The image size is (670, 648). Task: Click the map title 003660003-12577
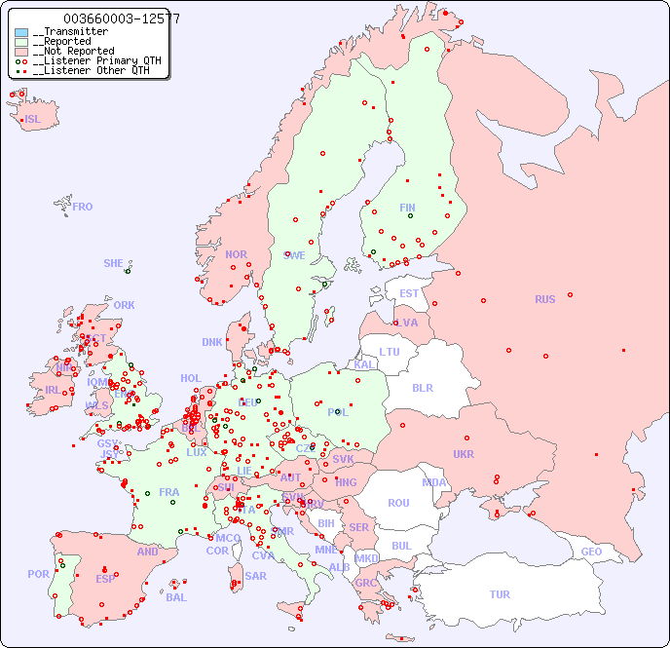121,19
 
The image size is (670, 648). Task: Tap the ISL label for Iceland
33,120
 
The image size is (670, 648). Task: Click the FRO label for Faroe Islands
83,207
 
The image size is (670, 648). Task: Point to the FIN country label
407,208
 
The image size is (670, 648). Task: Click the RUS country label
544,299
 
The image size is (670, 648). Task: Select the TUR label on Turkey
500,594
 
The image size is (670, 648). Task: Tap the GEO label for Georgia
591,552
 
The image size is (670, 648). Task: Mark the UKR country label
464,454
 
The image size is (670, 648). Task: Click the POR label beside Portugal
38,574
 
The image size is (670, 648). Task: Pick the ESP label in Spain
105,578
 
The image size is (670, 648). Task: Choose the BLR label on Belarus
422,387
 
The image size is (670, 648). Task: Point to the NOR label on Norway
236,254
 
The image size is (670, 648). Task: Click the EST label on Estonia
409,293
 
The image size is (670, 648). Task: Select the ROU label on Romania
398,503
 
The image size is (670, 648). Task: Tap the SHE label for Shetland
113,263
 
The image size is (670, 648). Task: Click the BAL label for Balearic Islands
175,597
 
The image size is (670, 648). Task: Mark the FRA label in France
169,492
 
